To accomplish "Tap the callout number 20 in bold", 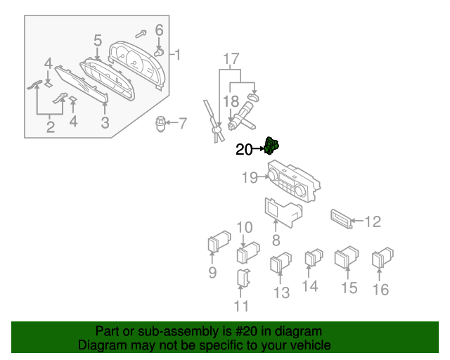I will point(243,149).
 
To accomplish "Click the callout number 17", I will point(231,59).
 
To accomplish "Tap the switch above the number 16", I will point(384,257).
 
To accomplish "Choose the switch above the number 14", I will point(312,258).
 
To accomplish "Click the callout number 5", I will point(98,40).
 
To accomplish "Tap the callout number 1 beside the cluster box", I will point(178,54).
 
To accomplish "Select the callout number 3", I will point(105,124).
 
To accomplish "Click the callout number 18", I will point(231,102).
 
